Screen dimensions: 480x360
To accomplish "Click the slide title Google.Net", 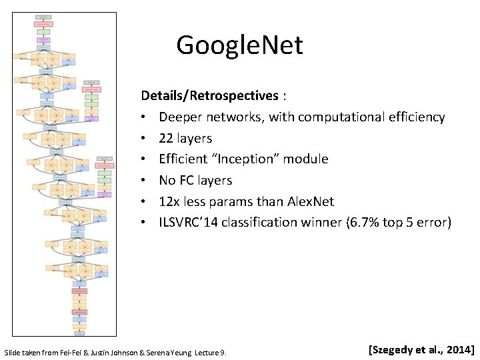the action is point(239,45).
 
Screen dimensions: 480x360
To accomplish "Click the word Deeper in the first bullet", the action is point(179,117).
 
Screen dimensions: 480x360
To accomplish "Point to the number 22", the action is point(166,138).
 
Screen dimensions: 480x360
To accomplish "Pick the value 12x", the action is point(169,201).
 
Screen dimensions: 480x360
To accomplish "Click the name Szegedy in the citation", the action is point(394,349).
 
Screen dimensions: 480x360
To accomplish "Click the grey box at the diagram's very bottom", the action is point(79,328).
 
